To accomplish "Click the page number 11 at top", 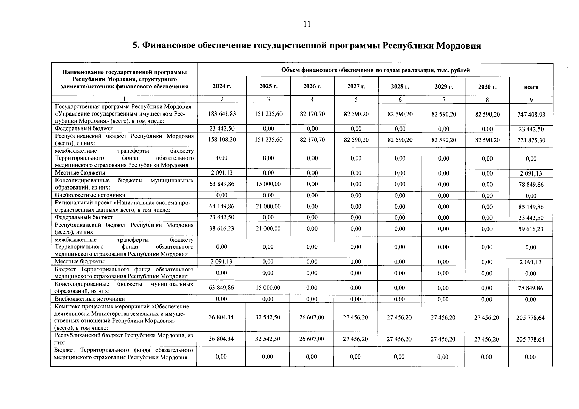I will pyautogui.click(x=307, y=24).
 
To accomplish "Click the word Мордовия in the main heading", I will pyautogui.click(x=459, y=46).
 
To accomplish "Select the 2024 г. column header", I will pyautogui.click(x=222, y=86).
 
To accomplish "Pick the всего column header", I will pyautogui.click(x=531, y=87).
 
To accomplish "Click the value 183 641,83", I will pyautogui.click(x=222, y=114).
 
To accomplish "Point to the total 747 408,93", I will pyautogui.click(x=531, y=115).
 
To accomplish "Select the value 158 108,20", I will pyautogui.click(x=222, y=140).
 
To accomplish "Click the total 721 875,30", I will pyautogui.click(x=531, y=140).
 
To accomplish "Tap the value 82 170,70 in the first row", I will pyautogui.click(x=312, y=114).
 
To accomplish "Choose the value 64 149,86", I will pyautogui.click(x=222, y=207).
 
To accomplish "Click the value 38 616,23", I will pyautogui.click(x=222, y=229).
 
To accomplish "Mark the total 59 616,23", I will pyautogui.click(x=531, y=229).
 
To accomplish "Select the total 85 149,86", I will pyautogui.click(x=531, y=207).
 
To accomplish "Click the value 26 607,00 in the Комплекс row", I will pyautogui.click(x=312, y=317).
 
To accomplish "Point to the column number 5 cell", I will pyautogui.click(x=356, y=100).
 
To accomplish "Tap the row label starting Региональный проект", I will pyautogui.click(x=123, y=207).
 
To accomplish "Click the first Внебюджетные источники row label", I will pyautogui.click(x=90, y=195).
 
